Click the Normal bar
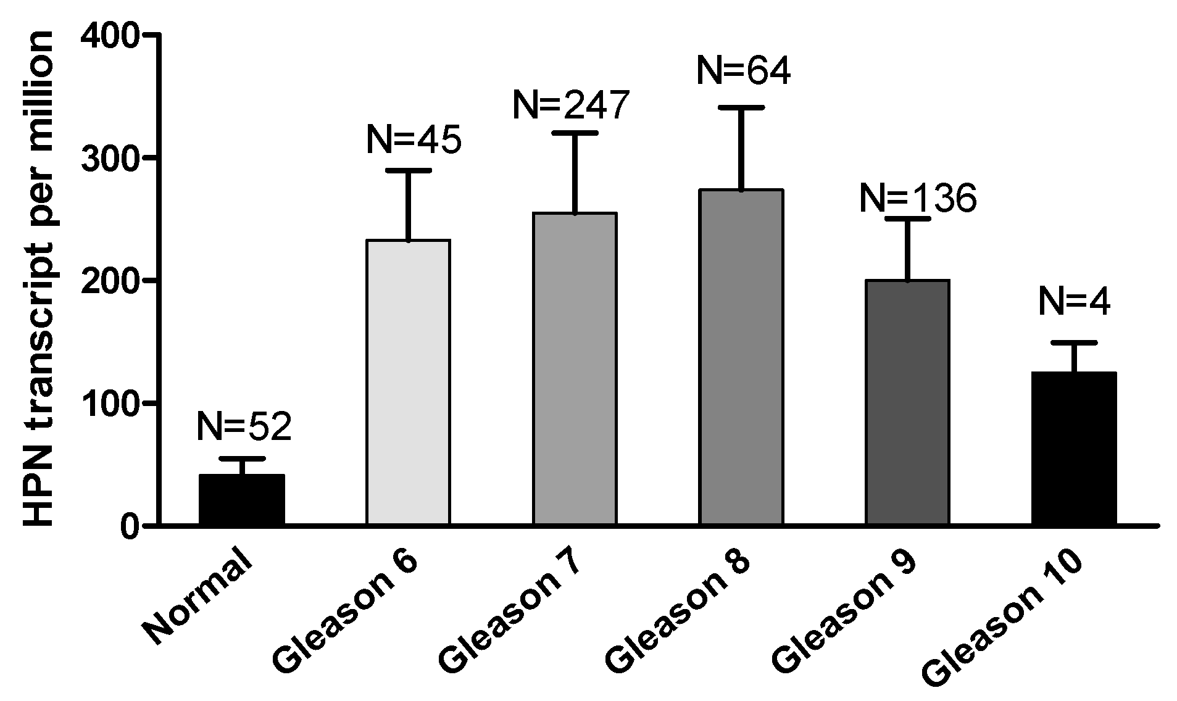242,500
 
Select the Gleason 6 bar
408,383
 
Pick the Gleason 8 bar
741,358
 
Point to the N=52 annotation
244,426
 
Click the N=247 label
571,105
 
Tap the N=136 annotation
918,199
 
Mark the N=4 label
1075,302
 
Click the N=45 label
414,140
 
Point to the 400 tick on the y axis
110,35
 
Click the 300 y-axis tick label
110,158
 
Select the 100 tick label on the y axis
110,403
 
